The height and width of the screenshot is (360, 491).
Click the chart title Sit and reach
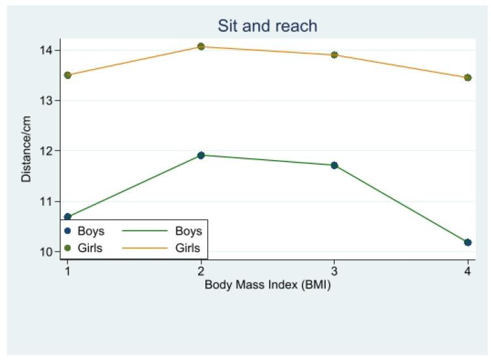tap(268, 26)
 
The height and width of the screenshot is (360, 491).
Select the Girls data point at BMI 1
tap(67, 75)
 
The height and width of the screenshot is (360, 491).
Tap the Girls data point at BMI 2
tap(201, 46)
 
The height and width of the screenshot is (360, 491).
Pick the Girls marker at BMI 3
tap(334, 55)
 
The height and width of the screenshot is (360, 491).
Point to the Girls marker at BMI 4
tap(467, 78)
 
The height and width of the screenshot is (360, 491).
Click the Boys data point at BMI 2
tap(201, 155)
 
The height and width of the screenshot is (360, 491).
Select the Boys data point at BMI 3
tap(334, 165)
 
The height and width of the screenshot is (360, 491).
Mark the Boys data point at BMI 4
tap(467, 242)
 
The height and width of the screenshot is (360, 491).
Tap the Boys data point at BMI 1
tap(67, 217)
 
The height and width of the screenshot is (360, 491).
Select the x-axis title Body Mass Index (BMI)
tap(267, 285)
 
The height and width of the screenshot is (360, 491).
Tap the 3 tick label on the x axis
tap(334, 270)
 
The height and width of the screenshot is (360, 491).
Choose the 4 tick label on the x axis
tap(467, 270)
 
